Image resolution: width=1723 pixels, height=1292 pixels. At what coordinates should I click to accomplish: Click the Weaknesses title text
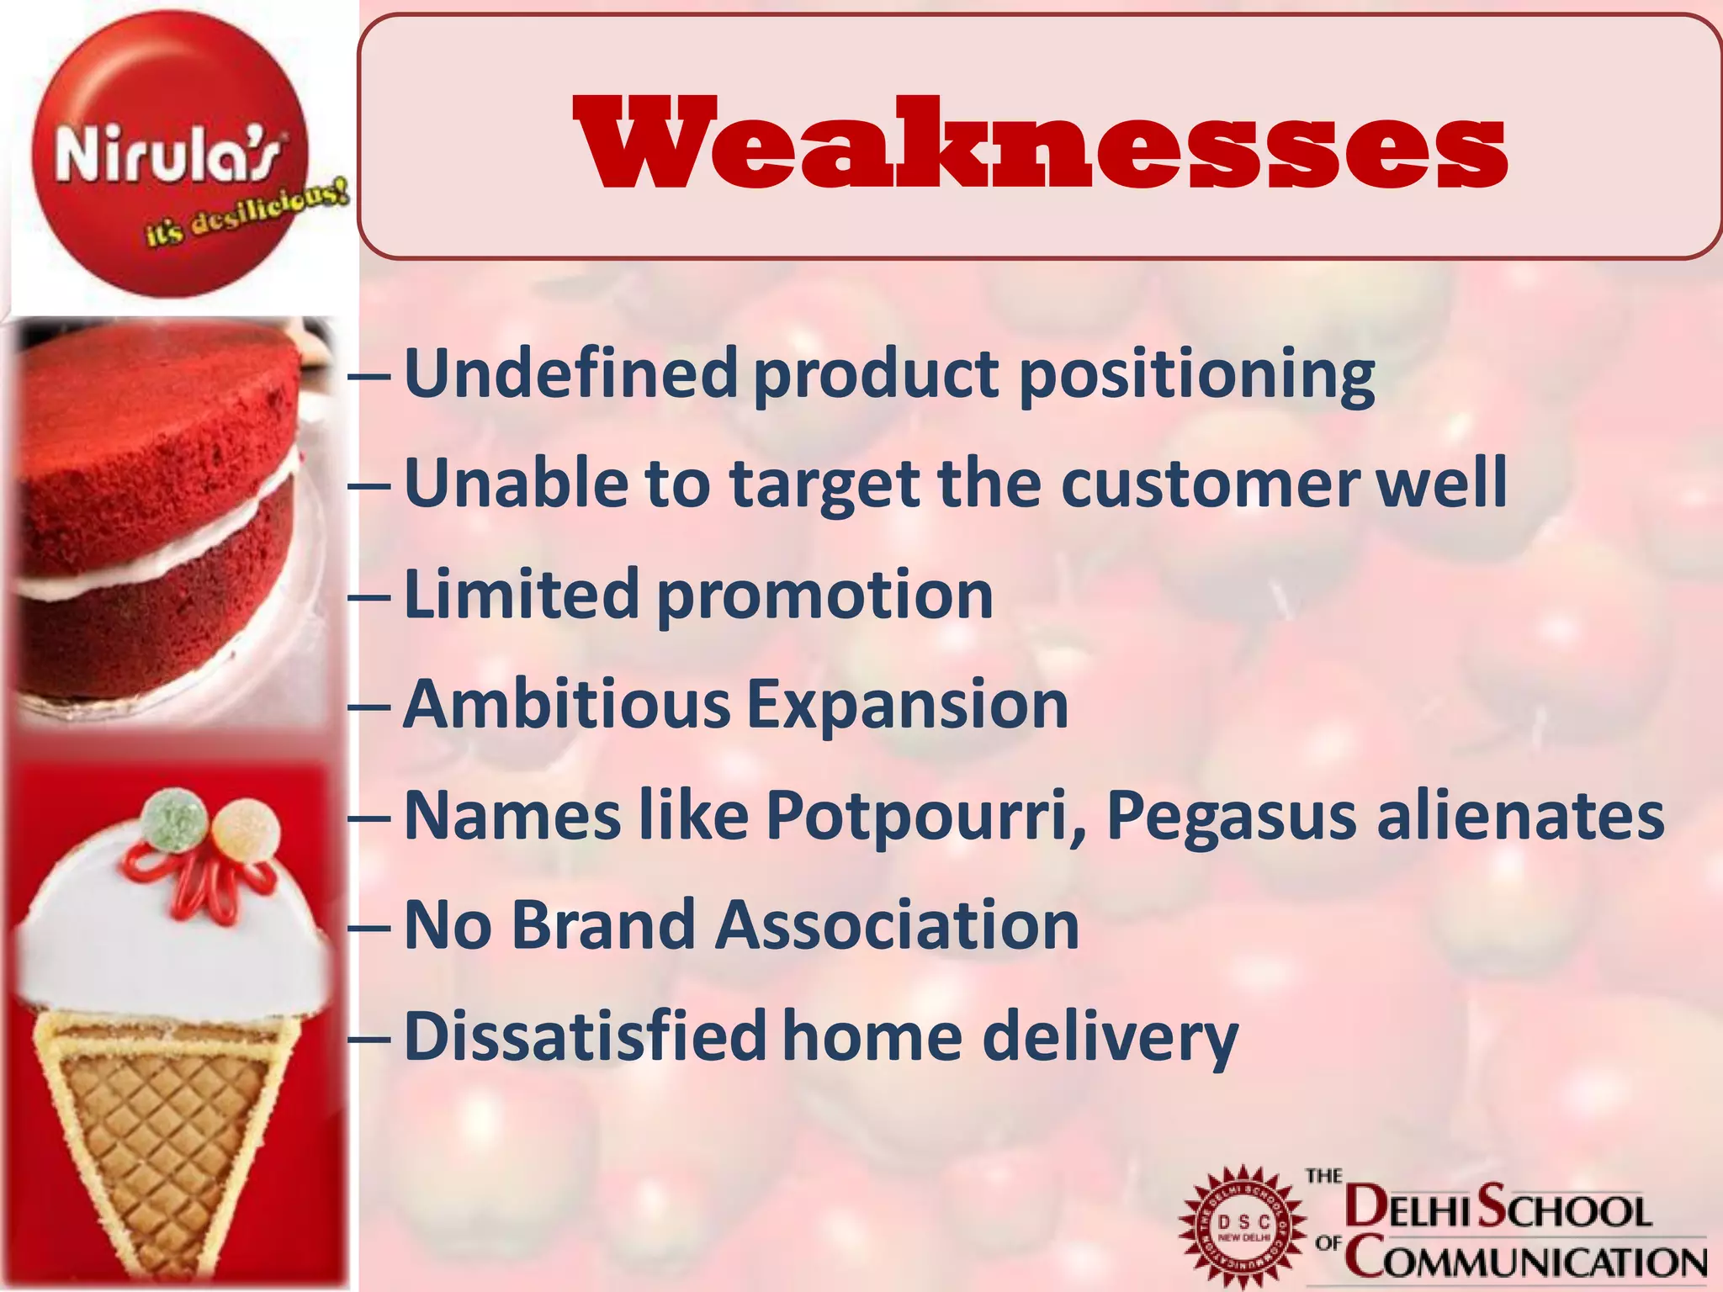coord(1040,143)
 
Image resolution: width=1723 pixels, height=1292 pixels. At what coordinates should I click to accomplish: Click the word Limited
coord(522,594)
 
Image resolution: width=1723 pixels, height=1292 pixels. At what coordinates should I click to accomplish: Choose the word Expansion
coord(908,707)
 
